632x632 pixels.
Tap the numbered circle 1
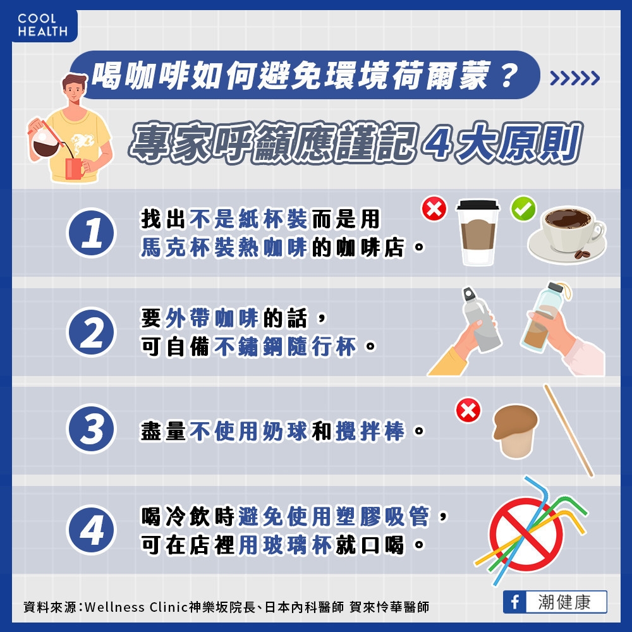pos(92,233)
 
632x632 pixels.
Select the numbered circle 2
pos(92,332)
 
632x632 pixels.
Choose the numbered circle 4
pos(92,530)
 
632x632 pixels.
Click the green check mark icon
pos(523,208)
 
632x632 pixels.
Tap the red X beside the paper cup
pos(434,209)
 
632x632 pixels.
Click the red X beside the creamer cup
pos(468,411)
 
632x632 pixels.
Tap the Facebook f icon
pos(514,602)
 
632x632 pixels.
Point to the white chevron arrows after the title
pos(574,78)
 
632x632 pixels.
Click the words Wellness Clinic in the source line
pos(136,607)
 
